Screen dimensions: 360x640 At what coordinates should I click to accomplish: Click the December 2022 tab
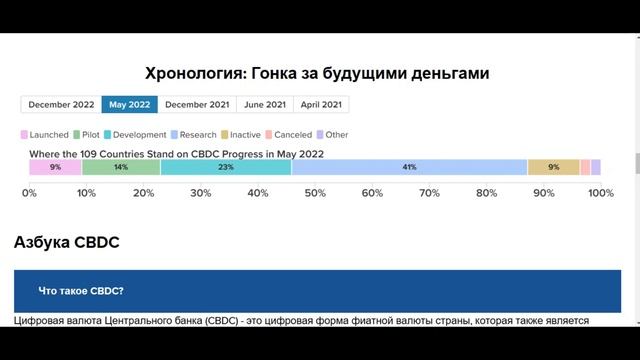pyautogui.click(x=60, y=104)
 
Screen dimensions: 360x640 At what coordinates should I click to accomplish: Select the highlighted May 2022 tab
pyautogui.click(x=128, y=104)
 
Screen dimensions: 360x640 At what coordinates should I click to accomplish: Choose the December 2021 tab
pyautogui.click(x=197, y=104)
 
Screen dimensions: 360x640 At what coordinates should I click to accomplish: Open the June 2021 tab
pyautogui.click(x=265, y=104)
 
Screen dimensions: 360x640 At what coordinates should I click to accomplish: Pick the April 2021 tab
pyautogui.click(x=321, y=104)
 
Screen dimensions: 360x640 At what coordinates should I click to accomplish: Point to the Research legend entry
pyautogui.click(x=196, y=134)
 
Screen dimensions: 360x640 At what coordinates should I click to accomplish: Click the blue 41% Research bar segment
pyautogui.click(x=409, y=167)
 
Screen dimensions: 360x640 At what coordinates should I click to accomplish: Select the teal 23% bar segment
pyautogui.click(x=225, y=167)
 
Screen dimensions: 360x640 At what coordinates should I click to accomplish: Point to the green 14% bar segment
pyautogui.click(x=120, y=167)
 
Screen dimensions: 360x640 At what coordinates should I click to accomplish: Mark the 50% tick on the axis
pyautogui.click(x=314, y=192)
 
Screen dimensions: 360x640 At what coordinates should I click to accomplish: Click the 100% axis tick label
pyautogui.click(x=600, y=192)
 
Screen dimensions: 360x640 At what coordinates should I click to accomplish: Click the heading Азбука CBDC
pyautogui.click(x=68, y=243)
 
